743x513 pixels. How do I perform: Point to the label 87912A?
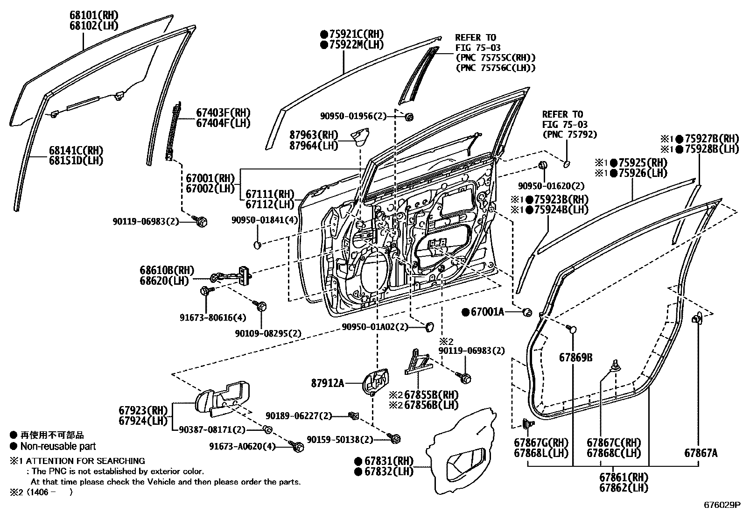327,383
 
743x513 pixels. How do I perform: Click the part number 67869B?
576,358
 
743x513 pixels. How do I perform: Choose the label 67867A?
701,452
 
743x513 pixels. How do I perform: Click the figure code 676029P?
722,505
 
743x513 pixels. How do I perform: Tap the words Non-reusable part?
58,446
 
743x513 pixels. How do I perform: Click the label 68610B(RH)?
167,270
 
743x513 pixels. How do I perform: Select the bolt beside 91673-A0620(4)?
297,447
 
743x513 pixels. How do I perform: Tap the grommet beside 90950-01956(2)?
410,117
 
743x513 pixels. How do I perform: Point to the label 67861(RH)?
624,478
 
